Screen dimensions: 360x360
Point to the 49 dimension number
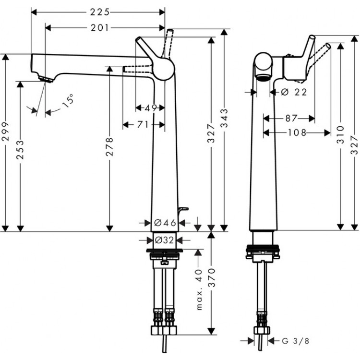pos(151,108)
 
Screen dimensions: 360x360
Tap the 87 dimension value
pos(290,118)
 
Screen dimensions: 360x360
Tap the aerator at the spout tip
pos(45,79)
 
